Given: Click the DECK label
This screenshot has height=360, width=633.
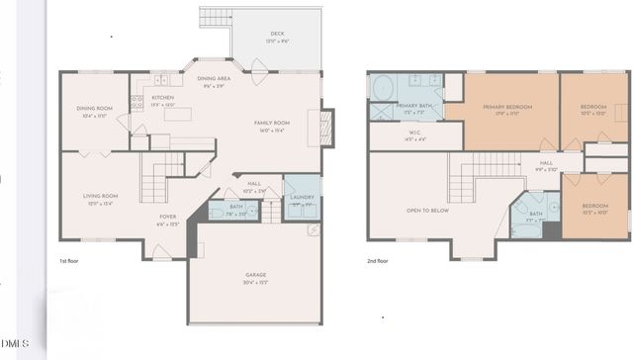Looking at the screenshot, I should point(277,34).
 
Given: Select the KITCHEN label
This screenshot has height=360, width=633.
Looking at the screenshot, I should point(163,97).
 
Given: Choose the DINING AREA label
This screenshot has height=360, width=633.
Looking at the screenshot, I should point(214,78).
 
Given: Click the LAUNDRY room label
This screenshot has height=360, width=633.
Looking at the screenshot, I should point(302,197).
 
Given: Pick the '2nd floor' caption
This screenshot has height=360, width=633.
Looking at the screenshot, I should point(378,261).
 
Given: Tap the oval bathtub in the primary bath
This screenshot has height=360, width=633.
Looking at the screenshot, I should point(382,88).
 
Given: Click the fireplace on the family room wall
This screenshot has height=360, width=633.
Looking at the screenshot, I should point(327,128).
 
